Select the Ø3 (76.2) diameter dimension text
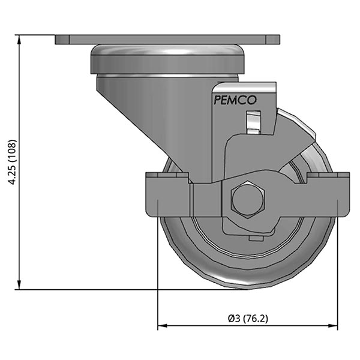(x=247, y=318)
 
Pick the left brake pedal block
(x=167, y=195)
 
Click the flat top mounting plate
(x=167, y=40)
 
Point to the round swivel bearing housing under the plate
(x=167, y=60)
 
